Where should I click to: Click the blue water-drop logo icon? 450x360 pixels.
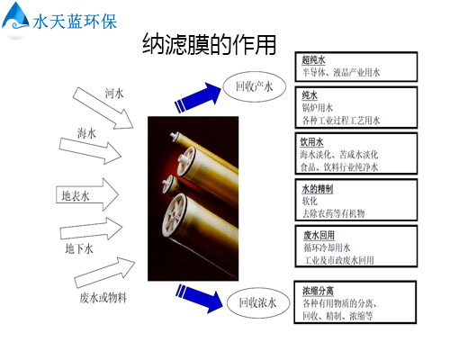click(15, 17)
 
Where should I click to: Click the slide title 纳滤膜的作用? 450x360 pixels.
click(209, 44)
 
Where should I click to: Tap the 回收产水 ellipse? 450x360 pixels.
click(255, 86)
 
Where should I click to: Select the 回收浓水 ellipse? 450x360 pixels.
click(258, 302)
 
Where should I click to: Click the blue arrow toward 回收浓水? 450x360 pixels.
click(199, 298)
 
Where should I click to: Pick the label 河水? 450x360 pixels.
click(114, 94)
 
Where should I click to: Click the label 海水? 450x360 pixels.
click(86, 133)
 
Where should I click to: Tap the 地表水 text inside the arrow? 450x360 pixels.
click(76, 196)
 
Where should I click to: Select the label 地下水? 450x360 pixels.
click(79, 248)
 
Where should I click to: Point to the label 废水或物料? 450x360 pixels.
click(103, 298)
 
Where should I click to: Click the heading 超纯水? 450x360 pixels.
click(313, 59)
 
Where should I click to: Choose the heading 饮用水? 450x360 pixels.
click(312, 141)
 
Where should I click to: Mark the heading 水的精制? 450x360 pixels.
click(318, 189)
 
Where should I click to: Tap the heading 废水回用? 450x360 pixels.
click(319, 235)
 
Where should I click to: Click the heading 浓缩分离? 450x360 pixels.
click(318, 291)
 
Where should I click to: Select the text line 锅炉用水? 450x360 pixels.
click(318, 108)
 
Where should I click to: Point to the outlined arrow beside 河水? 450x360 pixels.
click(103, 108)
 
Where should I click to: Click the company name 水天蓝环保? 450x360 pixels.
click(75, 22)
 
